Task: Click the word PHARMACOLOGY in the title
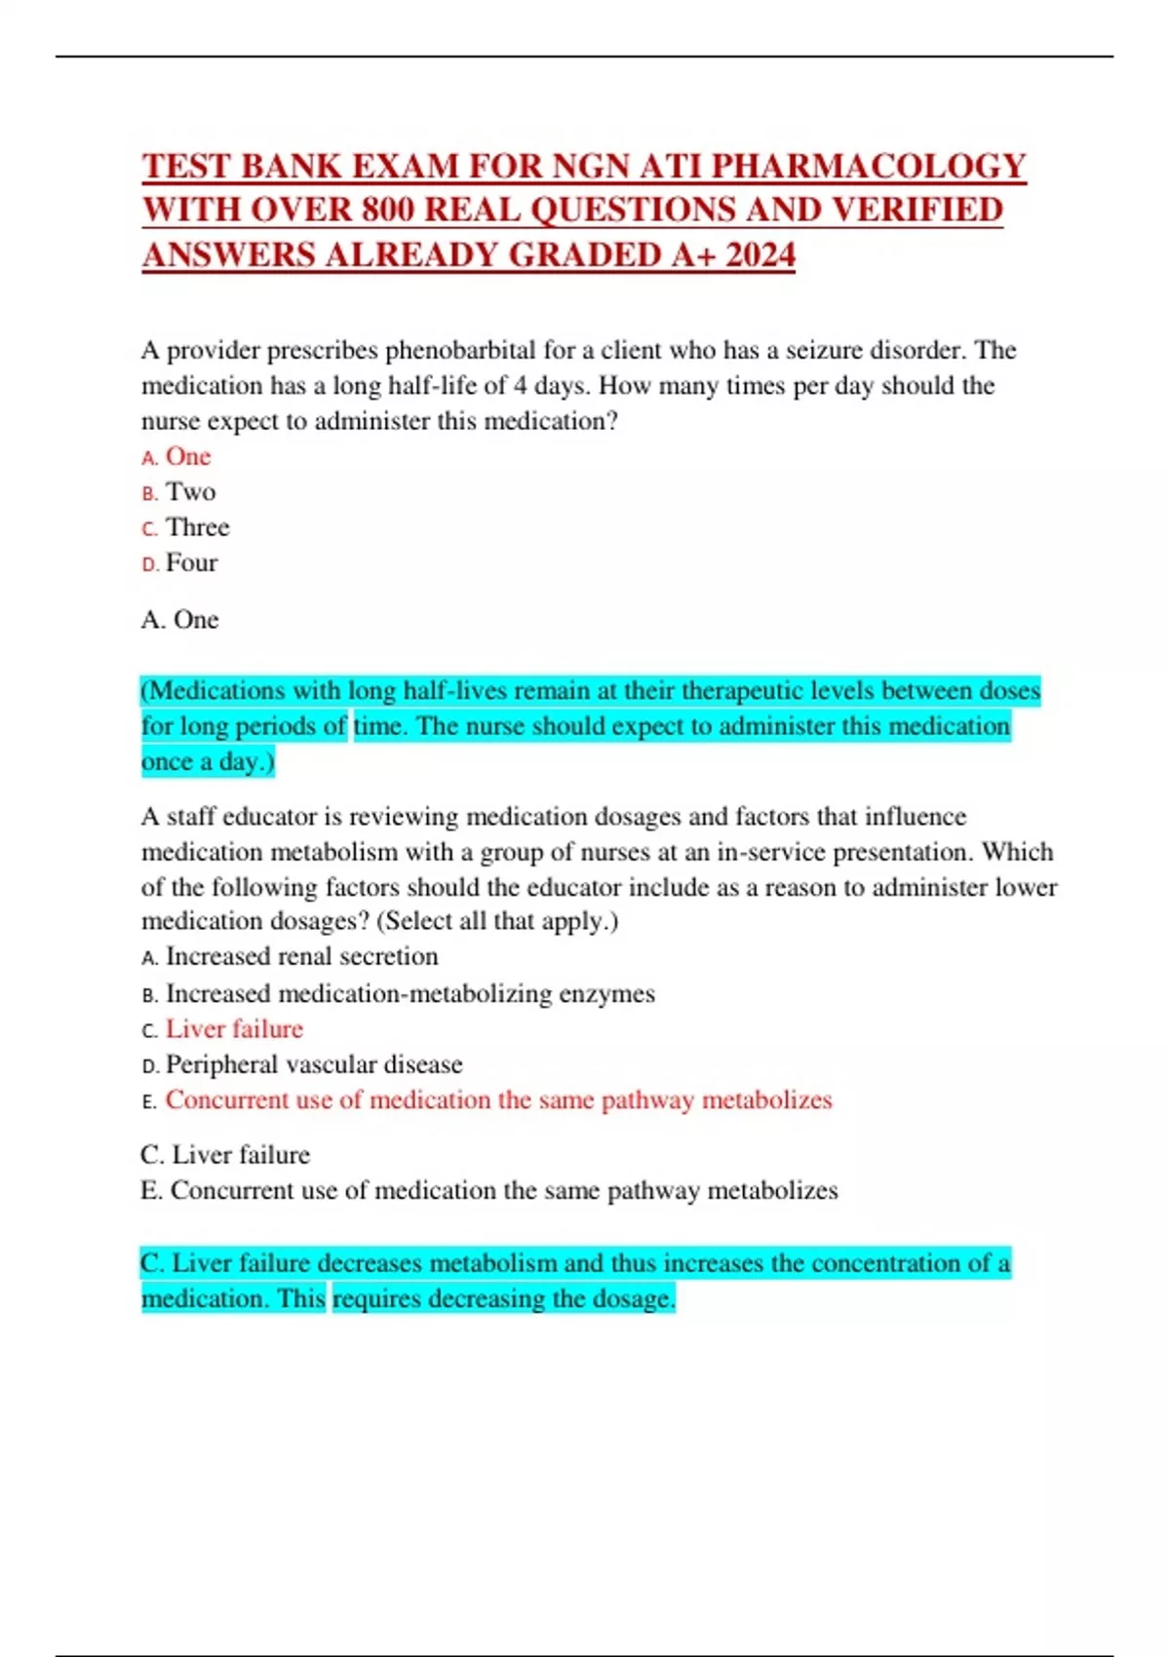pyautogui.click(x=868, y=166)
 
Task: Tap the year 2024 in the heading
pyautogui.click(x=760, y=255)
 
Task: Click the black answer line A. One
pyautogui.click(x=180, y=620)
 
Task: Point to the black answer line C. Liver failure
pyautogui.click(x=225, y=1155)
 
